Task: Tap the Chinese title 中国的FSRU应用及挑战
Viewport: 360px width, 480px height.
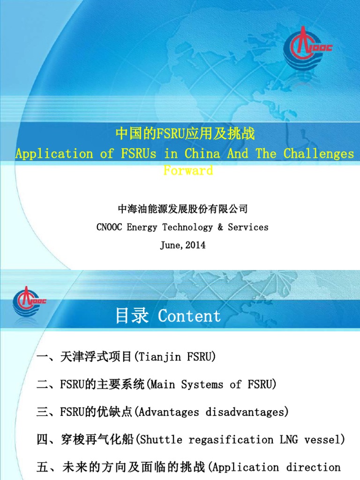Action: (x=185, y=134)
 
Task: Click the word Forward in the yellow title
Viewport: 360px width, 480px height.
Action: (x=188, y=170)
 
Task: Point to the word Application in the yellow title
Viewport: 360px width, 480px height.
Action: (x=54, y=153)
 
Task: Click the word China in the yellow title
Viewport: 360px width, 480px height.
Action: (x=202, y=153)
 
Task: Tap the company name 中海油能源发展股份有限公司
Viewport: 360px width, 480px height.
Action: (x=183, y=209)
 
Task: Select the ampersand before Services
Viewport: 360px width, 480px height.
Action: (x=220, y=227)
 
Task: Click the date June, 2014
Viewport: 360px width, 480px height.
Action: (x=183, y=245)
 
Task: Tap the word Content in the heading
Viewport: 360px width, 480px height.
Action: (x=189, y=316)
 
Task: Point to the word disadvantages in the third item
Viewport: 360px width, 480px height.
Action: (x=247, y=412)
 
